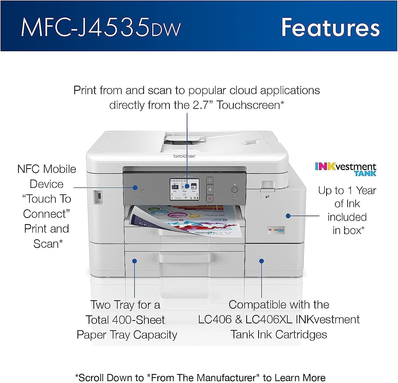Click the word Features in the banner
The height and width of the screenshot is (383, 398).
click(330, 27)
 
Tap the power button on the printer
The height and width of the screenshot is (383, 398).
click(235, 190)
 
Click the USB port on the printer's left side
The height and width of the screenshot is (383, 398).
click(99, 196)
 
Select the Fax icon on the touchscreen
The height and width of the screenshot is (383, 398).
click(175, 187)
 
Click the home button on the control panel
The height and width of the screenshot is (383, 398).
click(210, 189)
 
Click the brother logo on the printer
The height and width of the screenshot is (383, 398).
click(184, 156)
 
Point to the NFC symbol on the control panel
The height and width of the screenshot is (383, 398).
click(143, 190)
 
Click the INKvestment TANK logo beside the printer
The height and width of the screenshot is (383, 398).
click(346, 169)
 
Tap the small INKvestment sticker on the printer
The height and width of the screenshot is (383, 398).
click(276, 230)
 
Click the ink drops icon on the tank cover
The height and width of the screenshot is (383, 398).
click(267, 197)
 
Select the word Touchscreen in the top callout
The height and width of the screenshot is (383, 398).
click(248, 105)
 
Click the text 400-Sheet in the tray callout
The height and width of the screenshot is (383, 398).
click(139, 320)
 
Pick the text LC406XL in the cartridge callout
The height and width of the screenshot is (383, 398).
click(269, 320)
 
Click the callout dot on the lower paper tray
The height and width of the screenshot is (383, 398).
click(135, 261)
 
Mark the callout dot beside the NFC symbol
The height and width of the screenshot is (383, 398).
click(135, 188)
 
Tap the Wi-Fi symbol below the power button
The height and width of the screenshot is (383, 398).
click(234, 197)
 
